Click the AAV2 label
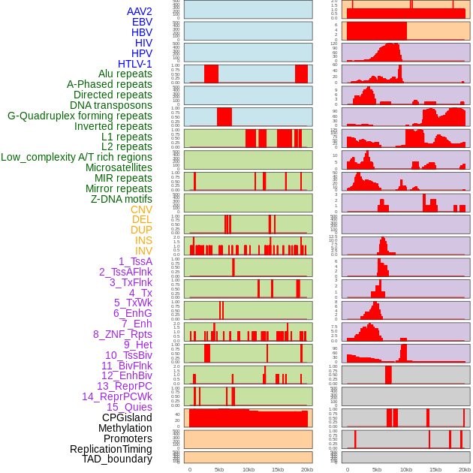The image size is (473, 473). click(x=139, y=11)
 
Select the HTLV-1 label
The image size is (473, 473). click(x=135, y=64)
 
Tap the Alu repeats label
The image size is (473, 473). click(x=125, y=74)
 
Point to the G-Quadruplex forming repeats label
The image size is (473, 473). click(x=80, y=116)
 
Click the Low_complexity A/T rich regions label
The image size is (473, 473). click(x=77, y=157)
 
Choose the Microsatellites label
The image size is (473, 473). click(x=119, y=167)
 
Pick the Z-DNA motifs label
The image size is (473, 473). click(x=122, y=199)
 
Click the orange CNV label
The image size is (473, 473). click(x=141, y=209)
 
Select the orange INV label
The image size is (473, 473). click(x=143, y=251)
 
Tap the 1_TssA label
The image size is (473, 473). click(x=135, y=261)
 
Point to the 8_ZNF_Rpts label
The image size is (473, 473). click(x=122, y=334)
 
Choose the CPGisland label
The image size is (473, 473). click(x=127, y=417)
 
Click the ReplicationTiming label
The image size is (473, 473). click(x=111, y=449)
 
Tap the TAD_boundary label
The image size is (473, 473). click(x=117, y=459)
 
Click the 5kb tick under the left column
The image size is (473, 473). click(x=219, y=469)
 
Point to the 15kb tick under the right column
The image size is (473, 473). click(x=435, y=469)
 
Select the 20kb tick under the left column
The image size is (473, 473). click(x=307, y=469)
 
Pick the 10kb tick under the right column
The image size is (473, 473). click(x=406, y=469)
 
